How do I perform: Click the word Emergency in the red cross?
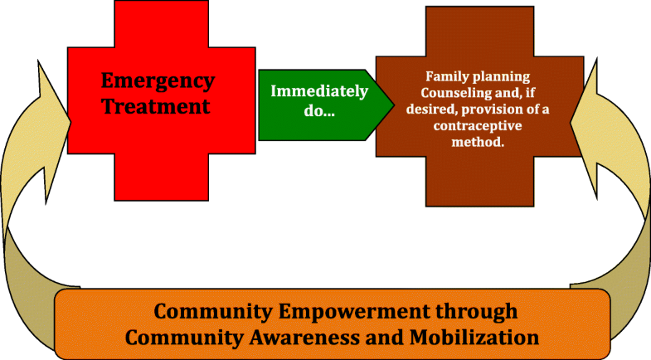click(x=158, y=81)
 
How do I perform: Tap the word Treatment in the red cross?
click(x=156, y=106)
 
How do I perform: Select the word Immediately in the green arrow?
click(x=319, y=92)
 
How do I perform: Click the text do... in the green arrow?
click(x=319, y=111)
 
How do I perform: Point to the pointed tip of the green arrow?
click(x=394, y=105)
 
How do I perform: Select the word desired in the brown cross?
click(x=431, y=109)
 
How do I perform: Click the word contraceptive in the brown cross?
click(x=478, y=125)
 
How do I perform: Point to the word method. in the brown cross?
click(x=478, y=142)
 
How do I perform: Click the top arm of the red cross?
click(x=162, y=24)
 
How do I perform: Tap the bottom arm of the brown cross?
click(x=479, y=181)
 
